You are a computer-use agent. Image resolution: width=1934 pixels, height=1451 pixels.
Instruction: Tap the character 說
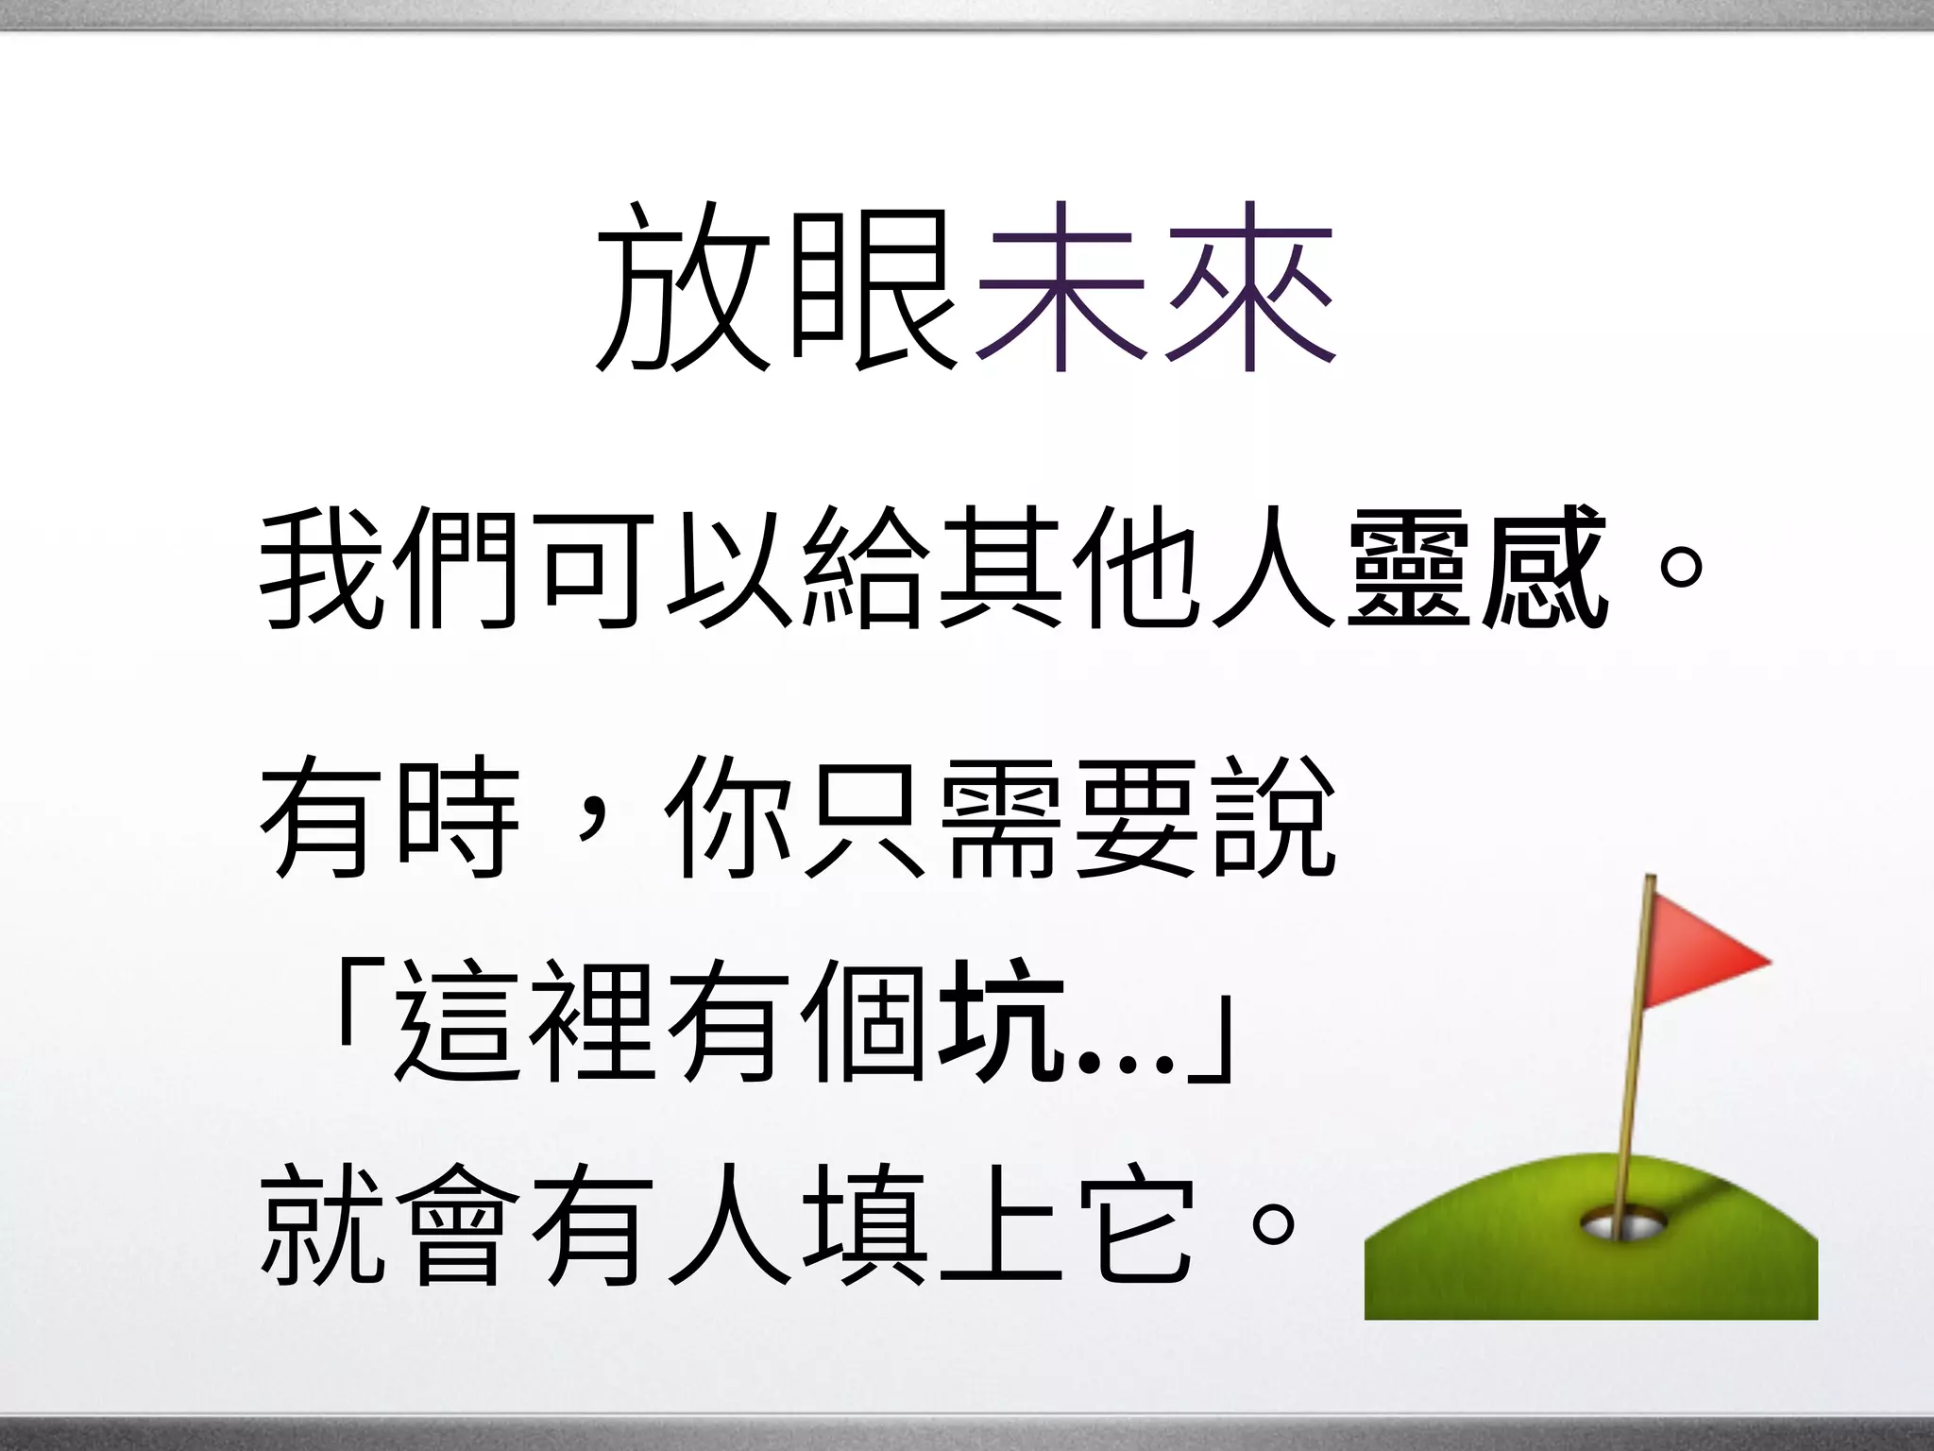1273,817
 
